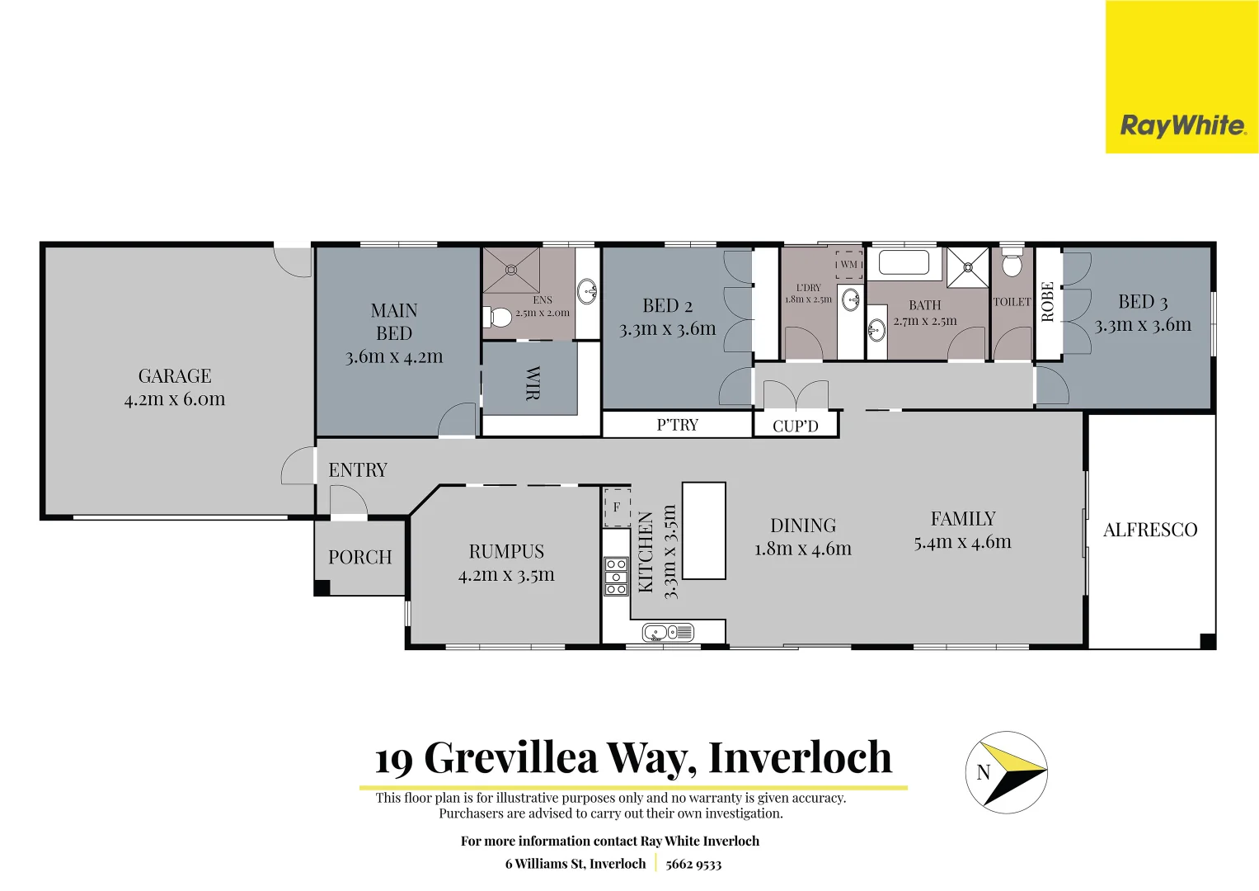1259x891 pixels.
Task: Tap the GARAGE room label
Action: [x=175, y=376]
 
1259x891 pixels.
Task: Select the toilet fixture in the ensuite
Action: [x=498, y=317]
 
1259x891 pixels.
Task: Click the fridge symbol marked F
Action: [x=617, y=507]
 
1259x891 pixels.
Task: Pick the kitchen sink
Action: [x=668, y=633]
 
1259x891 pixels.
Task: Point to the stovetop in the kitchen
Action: [x=616, y=576]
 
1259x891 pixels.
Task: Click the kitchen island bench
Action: [x=703, y=530]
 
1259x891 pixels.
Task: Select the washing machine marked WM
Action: [x=848, y=265]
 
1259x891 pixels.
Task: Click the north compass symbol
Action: [x=1006, y=772]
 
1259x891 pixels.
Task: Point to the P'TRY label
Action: [x=677, y=425]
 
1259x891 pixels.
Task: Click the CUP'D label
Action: [x=796, y=426]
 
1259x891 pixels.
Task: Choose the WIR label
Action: [x=533, y=383]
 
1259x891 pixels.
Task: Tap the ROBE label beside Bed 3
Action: [x=1048, y=302]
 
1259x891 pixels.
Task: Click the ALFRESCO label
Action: [x=1150, y=530]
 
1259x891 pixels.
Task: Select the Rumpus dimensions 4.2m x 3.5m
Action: [x=506, y=575]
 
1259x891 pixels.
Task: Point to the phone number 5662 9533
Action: [x=693, y=864]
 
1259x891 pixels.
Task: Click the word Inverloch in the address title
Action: [x=800, y=757]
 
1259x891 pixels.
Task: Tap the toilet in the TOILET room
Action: [x=1012, y=264]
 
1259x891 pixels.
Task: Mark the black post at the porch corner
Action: [x=322, y=587]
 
